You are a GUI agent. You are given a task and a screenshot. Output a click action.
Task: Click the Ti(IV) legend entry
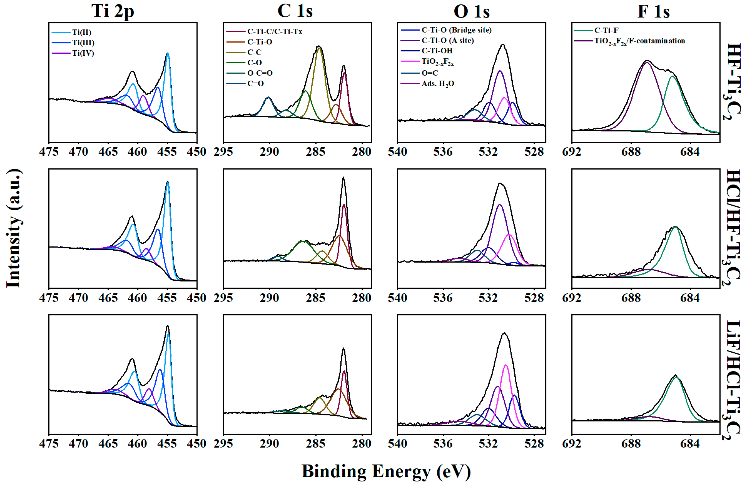tap(83, 53)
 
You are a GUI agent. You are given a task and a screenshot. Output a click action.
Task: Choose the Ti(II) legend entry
tap(81, 32)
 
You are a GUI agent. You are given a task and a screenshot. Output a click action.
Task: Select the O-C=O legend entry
tap(260, 73)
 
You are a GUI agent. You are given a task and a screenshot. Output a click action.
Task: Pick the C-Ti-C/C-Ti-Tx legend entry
tap(274, 31)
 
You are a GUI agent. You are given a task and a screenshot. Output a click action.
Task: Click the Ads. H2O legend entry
tap(438, 84)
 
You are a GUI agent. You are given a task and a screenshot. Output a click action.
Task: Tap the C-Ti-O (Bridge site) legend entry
tap(456, 30)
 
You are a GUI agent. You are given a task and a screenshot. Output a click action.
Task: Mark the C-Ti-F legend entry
tap(606, 30)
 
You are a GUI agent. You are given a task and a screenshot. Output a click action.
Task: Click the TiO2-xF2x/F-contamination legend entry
tap(639, 41)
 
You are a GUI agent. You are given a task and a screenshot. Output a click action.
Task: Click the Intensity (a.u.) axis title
tap(14, 228)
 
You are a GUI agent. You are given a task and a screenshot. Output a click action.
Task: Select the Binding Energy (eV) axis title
tap(386, 471)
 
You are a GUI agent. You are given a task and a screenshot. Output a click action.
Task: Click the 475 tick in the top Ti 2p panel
tap(49, 152)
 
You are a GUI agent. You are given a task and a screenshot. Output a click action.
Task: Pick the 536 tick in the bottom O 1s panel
tap(443, 444)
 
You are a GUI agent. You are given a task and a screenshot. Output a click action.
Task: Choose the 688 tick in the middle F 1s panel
tap(631, 298)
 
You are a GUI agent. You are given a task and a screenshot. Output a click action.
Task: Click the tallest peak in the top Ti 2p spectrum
tap(168, 54)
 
